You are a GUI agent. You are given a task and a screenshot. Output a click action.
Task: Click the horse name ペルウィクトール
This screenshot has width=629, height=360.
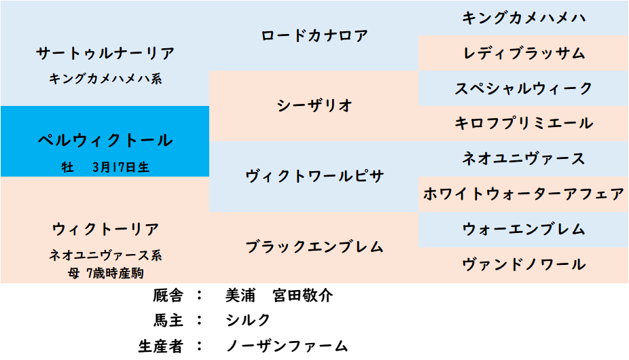click(x=105, y=141)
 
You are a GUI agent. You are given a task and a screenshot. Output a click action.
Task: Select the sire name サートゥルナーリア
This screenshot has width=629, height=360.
click(x=105, y=54)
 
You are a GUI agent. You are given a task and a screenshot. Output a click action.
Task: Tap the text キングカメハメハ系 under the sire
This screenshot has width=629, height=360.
click(x=105, y=79)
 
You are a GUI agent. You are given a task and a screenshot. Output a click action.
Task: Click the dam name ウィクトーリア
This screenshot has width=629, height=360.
click(x=105, y=229)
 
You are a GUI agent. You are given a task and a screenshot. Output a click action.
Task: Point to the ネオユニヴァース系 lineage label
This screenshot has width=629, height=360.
click(x=105, y=255)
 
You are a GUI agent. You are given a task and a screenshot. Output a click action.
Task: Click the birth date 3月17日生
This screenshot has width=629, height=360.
click(x=121, y=167)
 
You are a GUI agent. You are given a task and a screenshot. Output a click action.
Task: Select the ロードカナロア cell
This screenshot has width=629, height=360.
click(x=314, y=36)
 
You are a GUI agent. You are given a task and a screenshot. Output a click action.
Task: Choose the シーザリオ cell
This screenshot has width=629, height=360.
click(x=314, y=106)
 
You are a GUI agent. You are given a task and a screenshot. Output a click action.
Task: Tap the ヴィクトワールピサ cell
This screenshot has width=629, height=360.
click(x=314, y=177)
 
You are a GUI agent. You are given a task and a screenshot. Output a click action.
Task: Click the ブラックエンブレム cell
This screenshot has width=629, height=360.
click(x=314, y=247)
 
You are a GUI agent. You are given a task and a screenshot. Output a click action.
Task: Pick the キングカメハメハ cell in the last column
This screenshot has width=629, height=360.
click(x=524, y=18)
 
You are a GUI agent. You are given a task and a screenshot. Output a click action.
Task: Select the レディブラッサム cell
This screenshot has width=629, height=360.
click(x=524, y=54)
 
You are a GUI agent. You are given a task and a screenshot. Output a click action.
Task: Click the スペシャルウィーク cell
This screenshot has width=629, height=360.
click(x=524, y=89)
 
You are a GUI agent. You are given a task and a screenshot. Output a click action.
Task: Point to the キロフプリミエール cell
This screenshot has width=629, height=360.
click(x=524, y=124)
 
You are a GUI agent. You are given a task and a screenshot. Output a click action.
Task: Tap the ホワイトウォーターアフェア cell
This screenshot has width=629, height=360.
click(x=524, y=194)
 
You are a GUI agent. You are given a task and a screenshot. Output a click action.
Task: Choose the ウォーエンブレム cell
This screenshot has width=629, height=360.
click(x=524, y=230)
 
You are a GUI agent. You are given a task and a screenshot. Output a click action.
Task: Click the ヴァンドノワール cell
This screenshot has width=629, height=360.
click(x=524, y=265)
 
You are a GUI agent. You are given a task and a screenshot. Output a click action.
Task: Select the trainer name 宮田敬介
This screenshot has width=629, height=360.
click(x=303, y=295)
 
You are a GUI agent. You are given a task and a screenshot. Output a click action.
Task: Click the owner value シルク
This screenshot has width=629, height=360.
click(x=248, y=321)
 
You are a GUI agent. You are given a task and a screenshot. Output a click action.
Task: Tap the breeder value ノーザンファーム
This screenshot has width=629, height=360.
click(x=287, y=346)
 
